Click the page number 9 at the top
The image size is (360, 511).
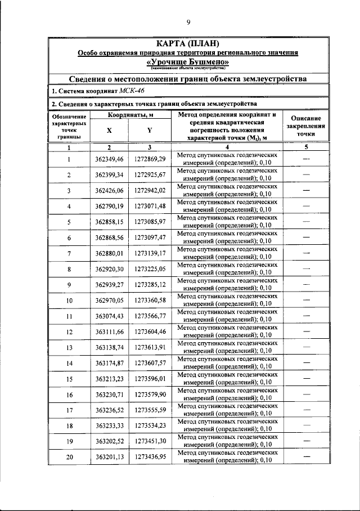coord(188,22)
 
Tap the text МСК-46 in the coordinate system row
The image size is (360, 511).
coord(124,91)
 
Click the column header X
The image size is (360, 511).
coord(109,129)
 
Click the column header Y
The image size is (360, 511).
coord(150,129)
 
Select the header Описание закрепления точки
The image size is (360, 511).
coord(306,126)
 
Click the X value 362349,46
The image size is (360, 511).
coord(109,159)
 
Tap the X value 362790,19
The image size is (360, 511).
coord(109,206)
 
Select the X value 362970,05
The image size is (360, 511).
coord(109,301)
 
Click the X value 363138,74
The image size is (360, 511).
coord(109,348)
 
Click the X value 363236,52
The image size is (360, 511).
coord(109,410)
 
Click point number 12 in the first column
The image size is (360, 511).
coord(69,332)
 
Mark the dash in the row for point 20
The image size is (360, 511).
coord(307,457)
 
